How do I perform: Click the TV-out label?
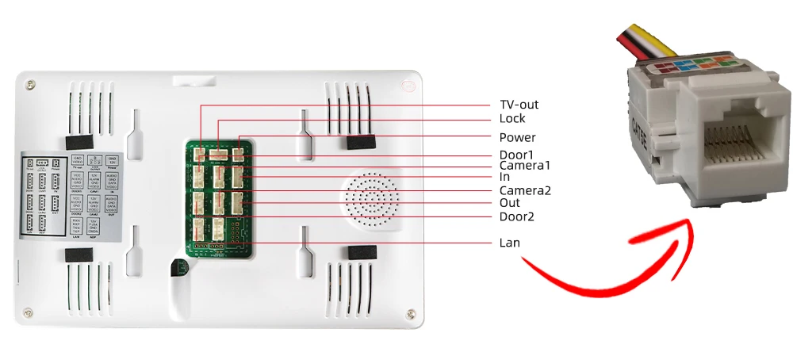(519, 105)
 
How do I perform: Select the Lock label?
(512, 119)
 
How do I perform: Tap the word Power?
(517, 137)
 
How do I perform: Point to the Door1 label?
(517, 154)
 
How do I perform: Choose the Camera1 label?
(524, 166)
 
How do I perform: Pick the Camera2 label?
(524, 190)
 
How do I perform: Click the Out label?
(509, 203)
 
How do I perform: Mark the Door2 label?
(517, 216)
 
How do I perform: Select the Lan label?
(509, 242)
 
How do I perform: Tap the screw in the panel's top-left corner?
(31, 82)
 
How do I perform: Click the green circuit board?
(221, 198)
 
